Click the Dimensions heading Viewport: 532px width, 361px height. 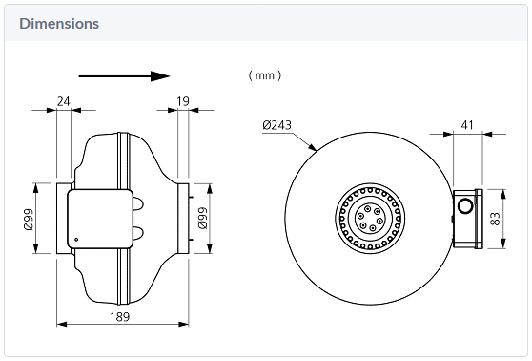tap(59, 24)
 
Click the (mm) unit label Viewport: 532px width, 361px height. tap(265, 75)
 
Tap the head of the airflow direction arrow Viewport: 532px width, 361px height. tap(160, 76)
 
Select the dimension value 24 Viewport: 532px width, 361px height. tap(64, 101)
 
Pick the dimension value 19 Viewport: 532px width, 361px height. tap(183, 101)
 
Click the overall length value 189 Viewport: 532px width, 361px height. tap(120, 317)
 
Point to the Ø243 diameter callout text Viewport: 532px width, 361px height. tap(276, 125)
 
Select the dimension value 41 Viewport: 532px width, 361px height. tap(467, 125)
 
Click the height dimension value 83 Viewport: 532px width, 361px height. tap(495, 219)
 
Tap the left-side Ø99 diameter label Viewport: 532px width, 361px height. tap(29, 220)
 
